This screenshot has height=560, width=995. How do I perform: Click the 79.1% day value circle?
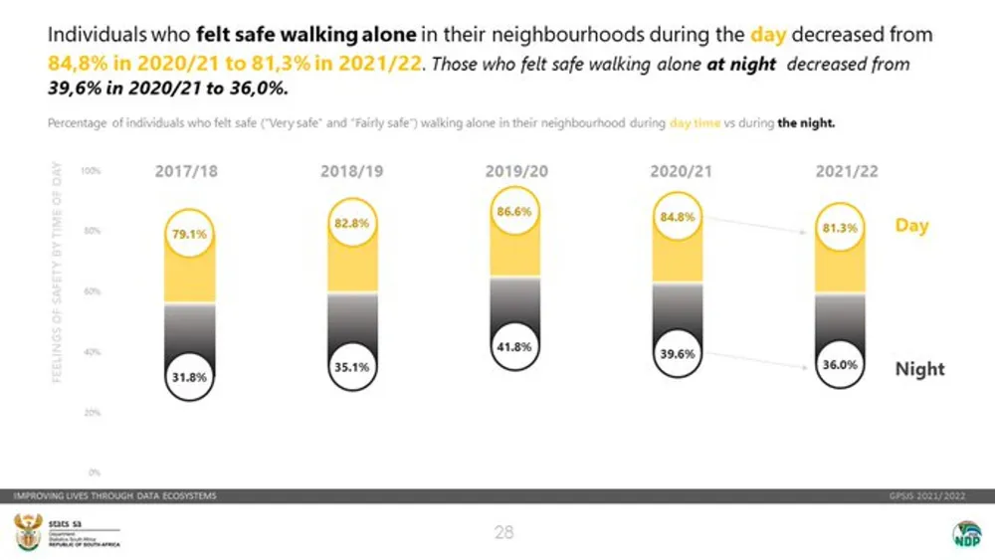pyautogui.click(x=189, y=235)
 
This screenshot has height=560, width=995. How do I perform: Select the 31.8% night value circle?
pyautogui.click(x=189, y=377)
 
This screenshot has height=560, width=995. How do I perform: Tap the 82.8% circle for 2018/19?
pyautogui.click(x=352, y=224)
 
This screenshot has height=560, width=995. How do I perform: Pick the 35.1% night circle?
pyautogui.click(x=352, y=366)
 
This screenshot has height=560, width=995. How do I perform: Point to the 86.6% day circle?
pyautogui.click(x=516, y=212)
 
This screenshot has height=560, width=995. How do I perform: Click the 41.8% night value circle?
pyautogui.click(x=516, y=347)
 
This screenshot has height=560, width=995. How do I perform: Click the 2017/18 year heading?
pyautogui.click(x=186, y=171)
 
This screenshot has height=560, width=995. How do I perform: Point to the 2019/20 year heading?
pyautogui.click(x=516, y=171)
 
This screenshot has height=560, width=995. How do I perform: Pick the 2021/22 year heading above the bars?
pyautogui.click(x=847, y=171)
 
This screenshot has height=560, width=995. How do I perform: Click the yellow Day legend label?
pyautogui.click(x=911, y=226)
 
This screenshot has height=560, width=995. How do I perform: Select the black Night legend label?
pyautogui.click(x=919, y=369)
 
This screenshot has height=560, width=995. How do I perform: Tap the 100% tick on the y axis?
pyautogui.click(x=91, y=171)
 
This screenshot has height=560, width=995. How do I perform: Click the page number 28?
pyautogui.click(x=503, y=533)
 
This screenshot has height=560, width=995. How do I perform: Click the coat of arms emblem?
pyautogui.click(x=25, y=532)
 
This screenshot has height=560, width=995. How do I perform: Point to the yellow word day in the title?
pyautogui.click(x=768, y=34)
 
